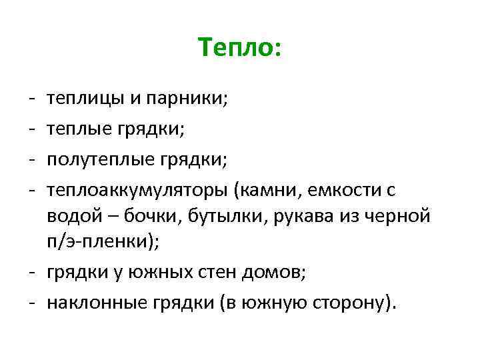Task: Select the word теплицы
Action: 83,101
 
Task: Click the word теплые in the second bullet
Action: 80,131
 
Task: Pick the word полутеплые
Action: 102,161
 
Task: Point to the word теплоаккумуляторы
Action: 137,191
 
